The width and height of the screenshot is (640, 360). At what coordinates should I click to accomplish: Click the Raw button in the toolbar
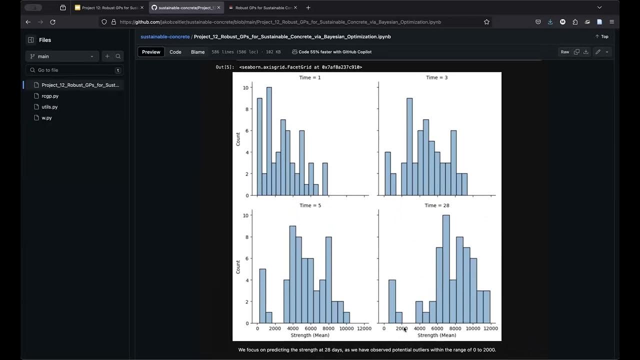(x=564, y=52)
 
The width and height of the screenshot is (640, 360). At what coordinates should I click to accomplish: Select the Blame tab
(x=197, y=52)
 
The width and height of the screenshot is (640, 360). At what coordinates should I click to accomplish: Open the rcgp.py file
(x=50, y=96)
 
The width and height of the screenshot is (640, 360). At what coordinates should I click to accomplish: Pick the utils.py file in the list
(x=49, y=107)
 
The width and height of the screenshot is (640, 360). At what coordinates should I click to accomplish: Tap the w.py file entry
(x=46, y=118)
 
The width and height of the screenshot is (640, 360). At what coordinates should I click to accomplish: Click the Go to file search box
(x=75, y=70)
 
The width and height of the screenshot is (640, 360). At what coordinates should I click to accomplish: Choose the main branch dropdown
(x=62, y=56)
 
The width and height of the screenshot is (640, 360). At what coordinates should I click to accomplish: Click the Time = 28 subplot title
(x=437, y=205)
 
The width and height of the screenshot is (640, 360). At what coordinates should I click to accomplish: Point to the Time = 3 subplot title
(x=437, y=77)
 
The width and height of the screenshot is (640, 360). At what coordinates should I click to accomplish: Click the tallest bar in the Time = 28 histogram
(x=446, y=270)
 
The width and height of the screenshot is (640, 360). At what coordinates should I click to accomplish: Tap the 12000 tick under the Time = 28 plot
(x=490, y=328)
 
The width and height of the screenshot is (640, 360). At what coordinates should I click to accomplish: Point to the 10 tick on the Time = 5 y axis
(x=245, y=215)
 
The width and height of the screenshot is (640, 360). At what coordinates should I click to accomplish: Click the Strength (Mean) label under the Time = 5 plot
(x=310, y=335)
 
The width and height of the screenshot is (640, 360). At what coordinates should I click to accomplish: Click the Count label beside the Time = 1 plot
(x=238, y=139)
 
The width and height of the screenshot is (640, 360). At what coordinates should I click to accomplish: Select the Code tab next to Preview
(x=175, y=52)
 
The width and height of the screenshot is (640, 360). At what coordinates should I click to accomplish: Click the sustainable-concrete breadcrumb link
(x=165, y=36)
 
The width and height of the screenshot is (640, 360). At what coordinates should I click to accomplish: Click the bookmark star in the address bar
(x=486, y=22)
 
